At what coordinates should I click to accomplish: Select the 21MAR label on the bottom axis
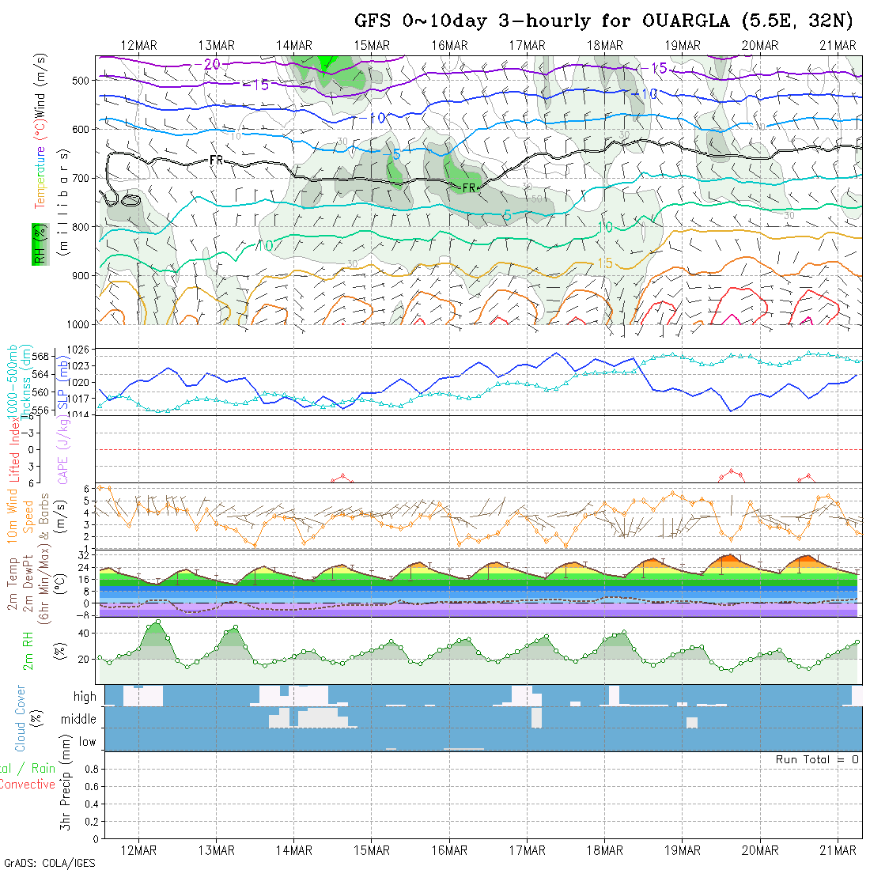click(x=838, y=850)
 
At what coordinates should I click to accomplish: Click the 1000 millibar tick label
click(x=81, y=324)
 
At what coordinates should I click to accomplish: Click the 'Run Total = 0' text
click(x=817, y=759)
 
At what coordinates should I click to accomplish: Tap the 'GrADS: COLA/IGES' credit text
click(x=49, y=863)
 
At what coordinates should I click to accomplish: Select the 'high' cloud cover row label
click(x=85, y=697)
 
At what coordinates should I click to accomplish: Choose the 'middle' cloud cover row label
click(x=79, y=719)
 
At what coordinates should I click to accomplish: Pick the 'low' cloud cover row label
click(x=87, y=742)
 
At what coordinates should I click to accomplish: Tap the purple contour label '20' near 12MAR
click(x=212, y=63)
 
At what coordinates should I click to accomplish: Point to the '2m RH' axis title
click(x=28, y=649)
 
